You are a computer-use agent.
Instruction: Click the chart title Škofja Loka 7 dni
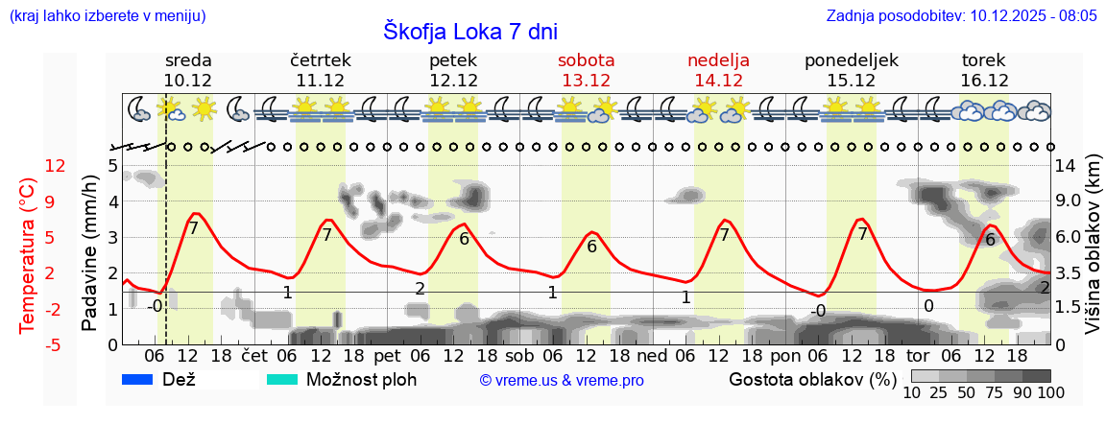click(470, 30)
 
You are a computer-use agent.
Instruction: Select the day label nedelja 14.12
click(718, 70)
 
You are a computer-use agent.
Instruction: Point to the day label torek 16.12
click(984, 70)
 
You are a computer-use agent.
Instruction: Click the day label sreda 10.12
click(188, 70)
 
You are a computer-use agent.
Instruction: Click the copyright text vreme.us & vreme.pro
click(562, 380)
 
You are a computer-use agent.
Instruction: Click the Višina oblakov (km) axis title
click(1093, 255)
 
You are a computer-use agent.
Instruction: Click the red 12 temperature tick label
click(29, 166)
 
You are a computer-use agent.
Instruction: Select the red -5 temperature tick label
click(29, 344)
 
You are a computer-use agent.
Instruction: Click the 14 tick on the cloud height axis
click(1066, 166)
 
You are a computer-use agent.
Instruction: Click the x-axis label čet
click(253, 355)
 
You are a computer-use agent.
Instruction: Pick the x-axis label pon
click(784, 355)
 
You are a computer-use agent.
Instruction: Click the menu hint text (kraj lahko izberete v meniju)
click(107, 16)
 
